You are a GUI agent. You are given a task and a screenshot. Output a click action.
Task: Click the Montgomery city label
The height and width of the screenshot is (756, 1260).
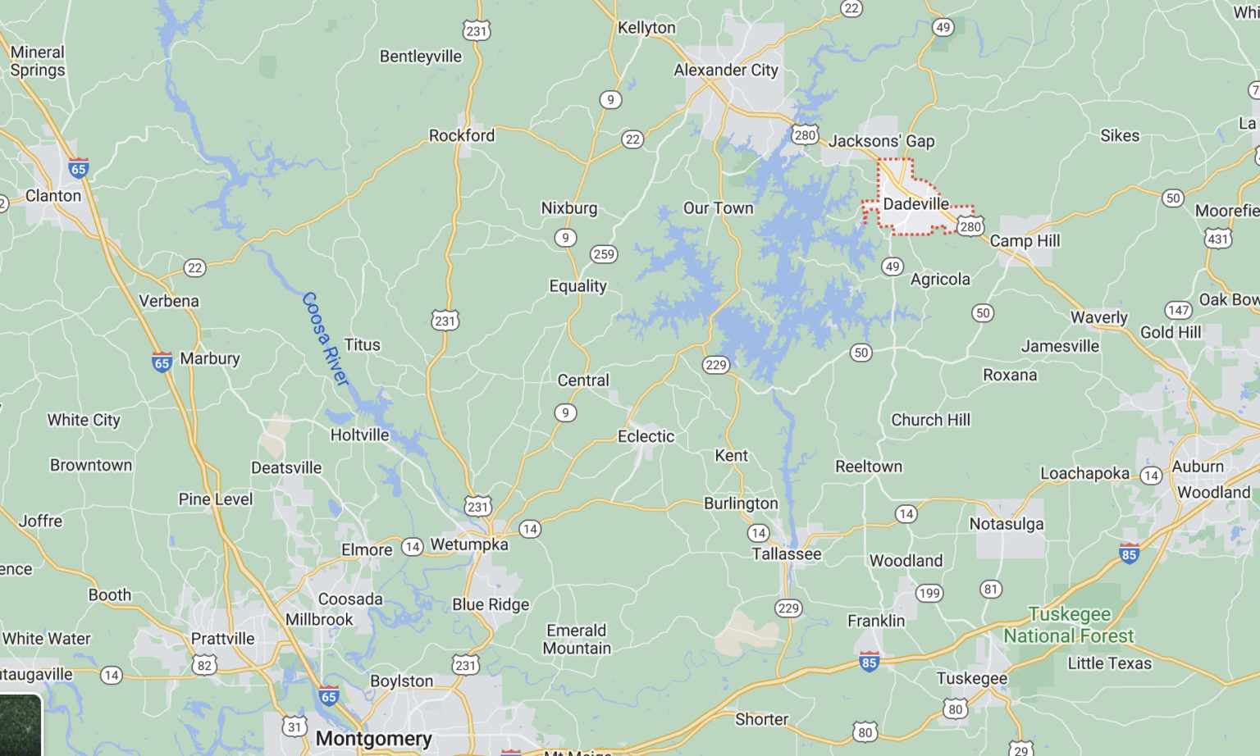point(373,738)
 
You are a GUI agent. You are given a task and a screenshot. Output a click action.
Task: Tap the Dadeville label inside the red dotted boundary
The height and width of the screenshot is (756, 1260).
point(915,203)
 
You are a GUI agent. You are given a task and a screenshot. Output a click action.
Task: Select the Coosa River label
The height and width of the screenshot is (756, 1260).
point(326,339)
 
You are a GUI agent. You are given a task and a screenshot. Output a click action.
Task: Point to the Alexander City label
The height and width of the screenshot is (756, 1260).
point(725,70)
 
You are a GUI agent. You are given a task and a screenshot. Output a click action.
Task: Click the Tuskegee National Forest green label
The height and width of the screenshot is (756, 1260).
point(1069,625)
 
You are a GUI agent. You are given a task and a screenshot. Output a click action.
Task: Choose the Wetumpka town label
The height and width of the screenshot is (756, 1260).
point(469,544)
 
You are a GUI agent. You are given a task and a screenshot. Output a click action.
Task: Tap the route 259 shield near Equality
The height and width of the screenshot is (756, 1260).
point(604,254)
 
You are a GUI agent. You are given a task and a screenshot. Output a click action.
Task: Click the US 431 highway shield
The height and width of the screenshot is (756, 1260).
point(1217,239)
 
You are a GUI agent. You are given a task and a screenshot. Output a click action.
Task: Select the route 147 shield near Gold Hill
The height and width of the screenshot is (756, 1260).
point(1178,310)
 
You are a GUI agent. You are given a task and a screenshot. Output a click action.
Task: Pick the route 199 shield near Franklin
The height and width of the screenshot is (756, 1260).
point(929,594)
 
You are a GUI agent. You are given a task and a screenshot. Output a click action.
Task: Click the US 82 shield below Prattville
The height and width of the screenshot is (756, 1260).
point(204,665)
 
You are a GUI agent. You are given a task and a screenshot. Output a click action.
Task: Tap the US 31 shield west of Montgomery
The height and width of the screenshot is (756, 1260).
point(294,726)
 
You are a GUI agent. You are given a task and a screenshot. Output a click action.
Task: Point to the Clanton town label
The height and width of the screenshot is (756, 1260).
point(53,195)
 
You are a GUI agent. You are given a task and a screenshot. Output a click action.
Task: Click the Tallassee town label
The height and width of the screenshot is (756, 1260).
point(786,553)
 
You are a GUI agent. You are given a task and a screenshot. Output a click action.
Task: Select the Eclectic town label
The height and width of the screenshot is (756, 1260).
point(646,436)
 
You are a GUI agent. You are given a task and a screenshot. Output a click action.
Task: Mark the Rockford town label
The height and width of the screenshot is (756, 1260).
point(462,135)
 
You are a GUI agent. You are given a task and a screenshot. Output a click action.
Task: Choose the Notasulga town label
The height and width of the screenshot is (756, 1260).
point(1006,524)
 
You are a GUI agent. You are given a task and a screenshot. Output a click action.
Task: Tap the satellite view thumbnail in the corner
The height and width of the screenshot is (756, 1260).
point(20,725)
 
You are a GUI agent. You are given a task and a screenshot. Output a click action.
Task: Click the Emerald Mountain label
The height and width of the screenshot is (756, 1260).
point(577,639)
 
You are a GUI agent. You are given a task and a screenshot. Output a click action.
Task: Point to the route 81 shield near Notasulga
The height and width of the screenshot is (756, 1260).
point(991,589)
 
